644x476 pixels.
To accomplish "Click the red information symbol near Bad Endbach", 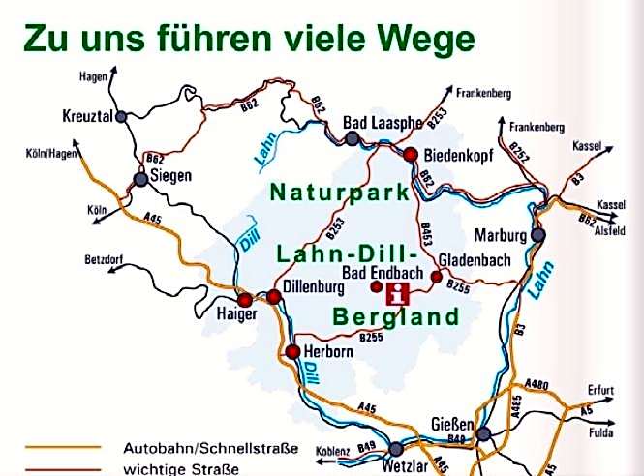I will tap(398, 294).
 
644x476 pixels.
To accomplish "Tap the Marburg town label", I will tap(500, 236).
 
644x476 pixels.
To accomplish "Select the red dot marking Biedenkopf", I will tap(410, 154).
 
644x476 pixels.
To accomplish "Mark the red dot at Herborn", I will tap(293, 351).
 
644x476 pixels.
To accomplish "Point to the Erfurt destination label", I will tap(600, 390).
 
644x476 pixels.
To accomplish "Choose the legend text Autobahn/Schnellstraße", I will tap(210, 449).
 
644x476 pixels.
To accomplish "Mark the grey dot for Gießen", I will tap(482, 434).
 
